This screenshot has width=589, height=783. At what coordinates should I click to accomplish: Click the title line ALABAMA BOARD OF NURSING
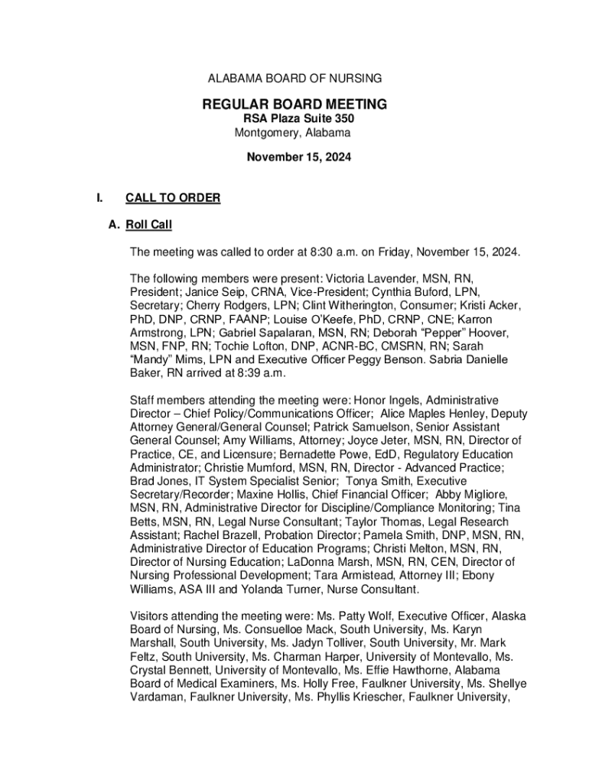295,78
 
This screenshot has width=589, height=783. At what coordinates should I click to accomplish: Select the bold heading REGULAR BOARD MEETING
294,104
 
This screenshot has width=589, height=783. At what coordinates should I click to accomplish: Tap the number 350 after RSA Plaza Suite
342,119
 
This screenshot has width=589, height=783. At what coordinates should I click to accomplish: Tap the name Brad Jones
156,480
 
